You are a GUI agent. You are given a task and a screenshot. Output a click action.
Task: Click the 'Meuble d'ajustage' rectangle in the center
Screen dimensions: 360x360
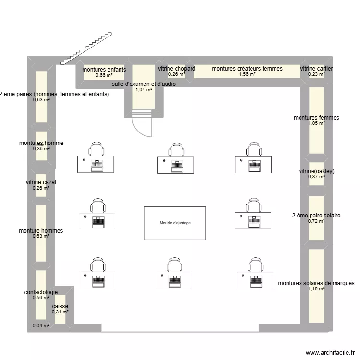pos(175,223)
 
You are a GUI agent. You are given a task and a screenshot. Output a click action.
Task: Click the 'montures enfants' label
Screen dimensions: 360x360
pos(104,70)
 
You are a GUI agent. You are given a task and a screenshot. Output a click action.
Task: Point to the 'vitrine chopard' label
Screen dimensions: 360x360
pos(177,69)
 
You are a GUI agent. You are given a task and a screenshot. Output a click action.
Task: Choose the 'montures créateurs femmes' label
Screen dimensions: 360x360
pos(247,69)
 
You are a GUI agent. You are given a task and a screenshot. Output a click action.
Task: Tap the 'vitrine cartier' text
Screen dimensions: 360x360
pos(316,69)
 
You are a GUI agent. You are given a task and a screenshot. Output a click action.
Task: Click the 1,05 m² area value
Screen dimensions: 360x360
pos(316,123)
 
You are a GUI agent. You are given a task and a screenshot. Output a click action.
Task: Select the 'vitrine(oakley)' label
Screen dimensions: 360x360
pos(316,171)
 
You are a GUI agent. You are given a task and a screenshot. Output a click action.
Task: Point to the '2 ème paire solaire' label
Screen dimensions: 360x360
pos(316,216)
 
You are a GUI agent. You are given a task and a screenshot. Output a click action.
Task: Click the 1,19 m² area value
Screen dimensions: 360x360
pos(316,289)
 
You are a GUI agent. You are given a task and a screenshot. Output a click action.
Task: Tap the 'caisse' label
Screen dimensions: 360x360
pos(60,306)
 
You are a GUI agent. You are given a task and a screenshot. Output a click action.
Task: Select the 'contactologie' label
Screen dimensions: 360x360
pos(41,292)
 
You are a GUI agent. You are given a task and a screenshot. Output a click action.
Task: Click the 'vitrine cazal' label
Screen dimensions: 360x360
pos(41,182)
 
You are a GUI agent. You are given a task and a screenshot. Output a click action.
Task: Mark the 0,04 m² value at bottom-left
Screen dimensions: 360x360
pos(41,326)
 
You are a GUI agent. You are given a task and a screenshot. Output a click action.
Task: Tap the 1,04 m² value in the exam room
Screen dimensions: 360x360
pos(144,90)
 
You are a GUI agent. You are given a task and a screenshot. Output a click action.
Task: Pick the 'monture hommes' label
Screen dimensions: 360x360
pos(41,231)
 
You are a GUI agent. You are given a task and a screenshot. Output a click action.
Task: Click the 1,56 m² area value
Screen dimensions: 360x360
pos(247,74)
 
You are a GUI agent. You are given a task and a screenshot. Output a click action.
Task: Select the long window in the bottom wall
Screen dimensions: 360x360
pos(180,328)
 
